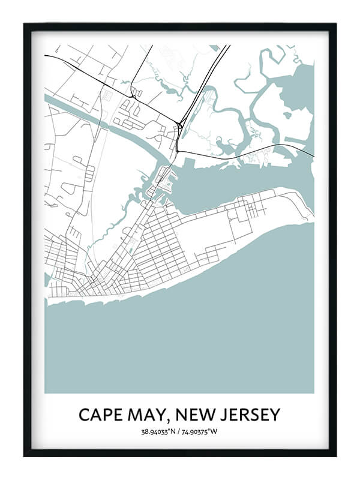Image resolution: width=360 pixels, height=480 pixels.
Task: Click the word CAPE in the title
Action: [x=100, y=415]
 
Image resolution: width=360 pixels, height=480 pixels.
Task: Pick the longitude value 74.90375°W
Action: [x=202, y=431]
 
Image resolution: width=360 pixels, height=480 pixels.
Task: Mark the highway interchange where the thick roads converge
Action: [x=180, y=125]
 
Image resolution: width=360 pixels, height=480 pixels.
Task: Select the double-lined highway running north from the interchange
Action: [x=204, y=84]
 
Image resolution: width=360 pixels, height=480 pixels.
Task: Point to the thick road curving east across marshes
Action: [x=252, y=148]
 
